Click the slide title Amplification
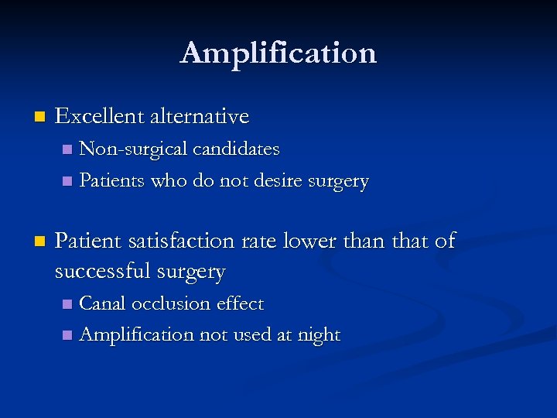pos(278,53)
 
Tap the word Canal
pos(103,303)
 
